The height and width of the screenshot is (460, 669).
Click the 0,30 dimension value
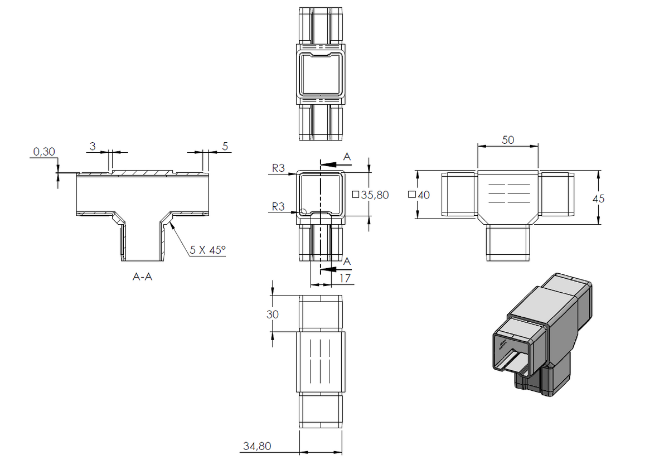44,152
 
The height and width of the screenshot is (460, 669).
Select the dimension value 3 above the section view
93,146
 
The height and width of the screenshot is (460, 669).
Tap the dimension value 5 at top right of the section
225,146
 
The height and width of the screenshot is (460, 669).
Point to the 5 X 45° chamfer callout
207,250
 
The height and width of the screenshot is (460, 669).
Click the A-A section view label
143,277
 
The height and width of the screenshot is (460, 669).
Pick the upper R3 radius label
278,168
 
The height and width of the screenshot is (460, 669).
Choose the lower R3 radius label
278,206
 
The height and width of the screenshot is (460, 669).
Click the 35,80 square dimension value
375,195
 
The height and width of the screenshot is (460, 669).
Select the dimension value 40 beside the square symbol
424,195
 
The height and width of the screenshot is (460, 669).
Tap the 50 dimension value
508,140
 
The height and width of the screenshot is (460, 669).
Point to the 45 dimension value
598,198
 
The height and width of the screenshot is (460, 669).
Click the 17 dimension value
345,279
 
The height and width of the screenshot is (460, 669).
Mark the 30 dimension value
273,314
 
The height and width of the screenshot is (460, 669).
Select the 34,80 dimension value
257,446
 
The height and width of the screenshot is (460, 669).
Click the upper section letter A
347,157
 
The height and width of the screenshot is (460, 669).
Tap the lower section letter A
347,262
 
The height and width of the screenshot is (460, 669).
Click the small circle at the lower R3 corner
303,211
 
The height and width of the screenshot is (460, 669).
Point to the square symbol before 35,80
356,195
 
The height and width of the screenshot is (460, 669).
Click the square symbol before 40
412,195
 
